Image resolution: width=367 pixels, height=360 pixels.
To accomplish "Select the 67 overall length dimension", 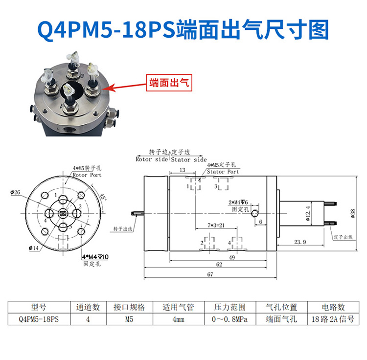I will point(210,275).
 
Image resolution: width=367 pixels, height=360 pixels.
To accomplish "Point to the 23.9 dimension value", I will point(300,242).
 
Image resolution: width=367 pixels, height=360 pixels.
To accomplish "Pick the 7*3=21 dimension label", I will point(216,225).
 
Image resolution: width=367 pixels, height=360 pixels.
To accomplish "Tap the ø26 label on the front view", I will point(15,192).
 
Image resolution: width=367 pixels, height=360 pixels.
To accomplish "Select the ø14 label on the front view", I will point(34,248).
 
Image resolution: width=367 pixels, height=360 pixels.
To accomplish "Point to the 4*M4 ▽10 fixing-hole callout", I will point(95,257).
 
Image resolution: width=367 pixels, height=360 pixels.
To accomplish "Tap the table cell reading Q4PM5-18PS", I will point(38,320).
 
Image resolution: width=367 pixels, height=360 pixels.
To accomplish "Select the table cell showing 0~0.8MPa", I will point(229,320).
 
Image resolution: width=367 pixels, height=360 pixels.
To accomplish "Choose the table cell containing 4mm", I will point(178,320).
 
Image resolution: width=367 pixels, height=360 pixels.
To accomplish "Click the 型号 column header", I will point(38,307).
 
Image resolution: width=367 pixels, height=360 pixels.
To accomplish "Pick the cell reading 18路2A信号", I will point(334,320).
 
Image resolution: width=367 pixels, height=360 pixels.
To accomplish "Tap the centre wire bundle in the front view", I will point(62,214).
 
